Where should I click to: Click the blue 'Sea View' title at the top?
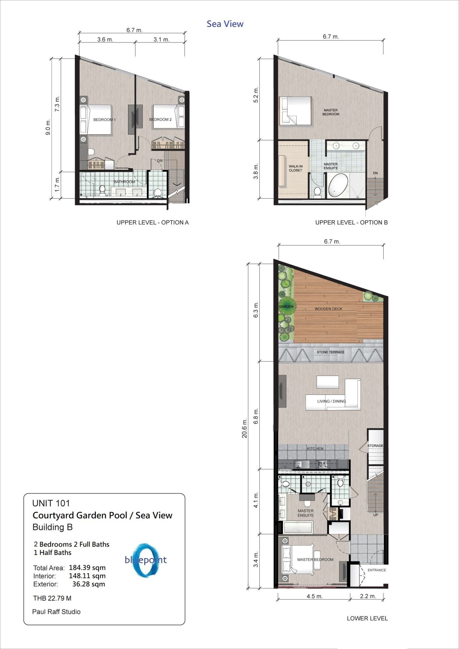[x=225, y=24]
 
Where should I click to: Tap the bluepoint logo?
[x=146, y=560]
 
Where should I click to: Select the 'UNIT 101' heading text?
[x=51, y=503]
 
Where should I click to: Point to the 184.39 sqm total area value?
[x=87, y=568]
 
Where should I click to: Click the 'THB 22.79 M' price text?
[x=52, y=598]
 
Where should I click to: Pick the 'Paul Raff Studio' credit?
[x=56, y=612]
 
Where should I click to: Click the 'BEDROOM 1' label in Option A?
[x=104, y=120]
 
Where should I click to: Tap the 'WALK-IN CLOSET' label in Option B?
[x=295, y=168]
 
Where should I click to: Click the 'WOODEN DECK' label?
[x=328, y=309]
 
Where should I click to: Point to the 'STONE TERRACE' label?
[x=330, y=352]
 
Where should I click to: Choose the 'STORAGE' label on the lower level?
[x=375, y=446]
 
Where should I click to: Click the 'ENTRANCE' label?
[x=377, y=570]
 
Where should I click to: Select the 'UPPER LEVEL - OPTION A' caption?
[x=153, y=222]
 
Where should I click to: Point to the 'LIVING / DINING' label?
[x=331, y=401]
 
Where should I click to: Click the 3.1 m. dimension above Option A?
[x=162, y=40]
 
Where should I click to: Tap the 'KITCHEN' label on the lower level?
[x=315, y=449]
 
